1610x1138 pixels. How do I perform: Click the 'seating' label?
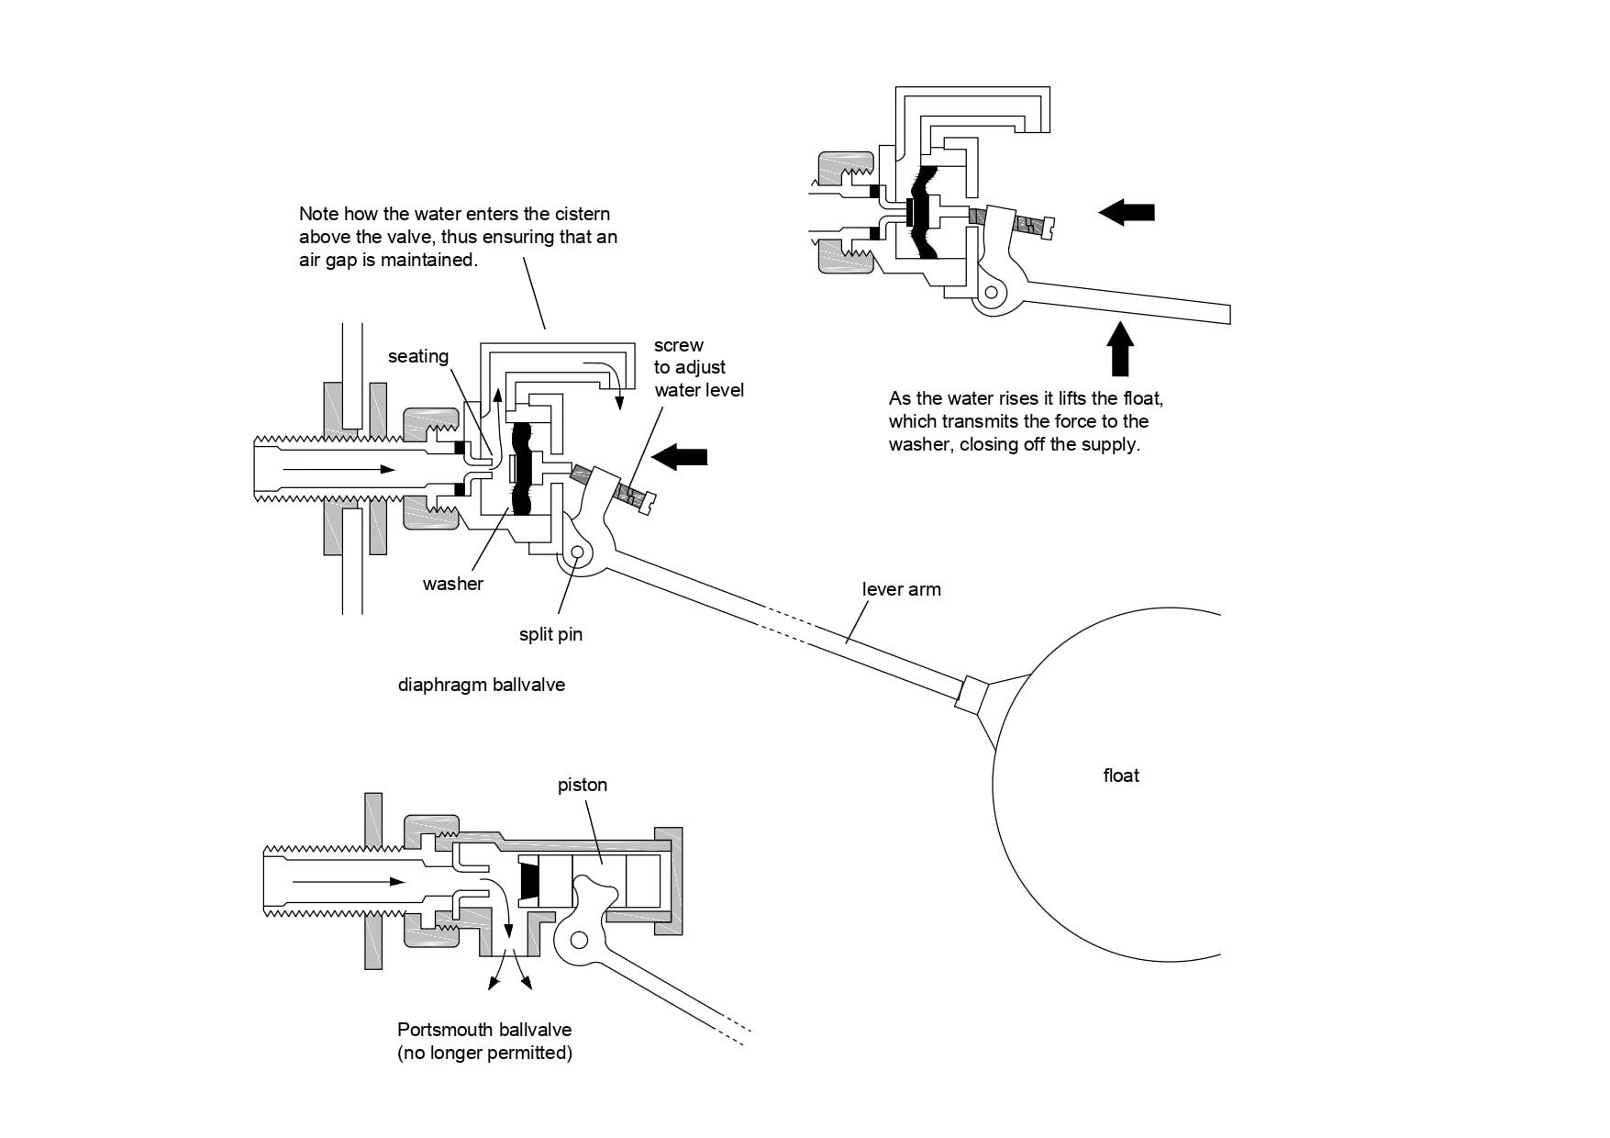point(418,356)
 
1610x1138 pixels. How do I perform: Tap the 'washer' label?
point(453,584)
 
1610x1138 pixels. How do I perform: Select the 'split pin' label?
point(550,634)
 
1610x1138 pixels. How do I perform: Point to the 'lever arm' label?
point(902,589)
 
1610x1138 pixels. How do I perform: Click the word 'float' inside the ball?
point(1121,775)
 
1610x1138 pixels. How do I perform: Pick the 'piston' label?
point(583,786)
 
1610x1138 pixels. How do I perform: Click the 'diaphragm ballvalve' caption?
point(482,685)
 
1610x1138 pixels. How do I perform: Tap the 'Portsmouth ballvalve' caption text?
point(484,1030)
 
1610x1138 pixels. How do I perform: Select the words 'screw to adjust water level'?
point(699,367)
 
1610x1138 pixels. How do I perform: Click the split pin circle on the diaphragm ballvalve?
point(577,553)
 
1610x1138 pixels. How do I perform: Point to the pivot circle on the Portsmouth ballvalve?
point(579,940)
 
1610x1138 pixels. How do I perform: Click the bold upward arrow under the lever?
point(1120,347)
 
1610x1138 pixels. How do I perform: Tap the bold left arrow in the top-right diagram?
point(1127,213)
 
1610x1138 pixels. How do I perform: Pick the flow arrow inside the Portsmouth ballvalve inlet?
point(350,881)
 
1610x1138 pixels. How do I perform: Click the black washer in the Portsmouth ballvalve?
point(528,881)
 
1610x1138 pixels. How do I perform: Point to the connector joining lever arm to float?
point(972,694)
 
